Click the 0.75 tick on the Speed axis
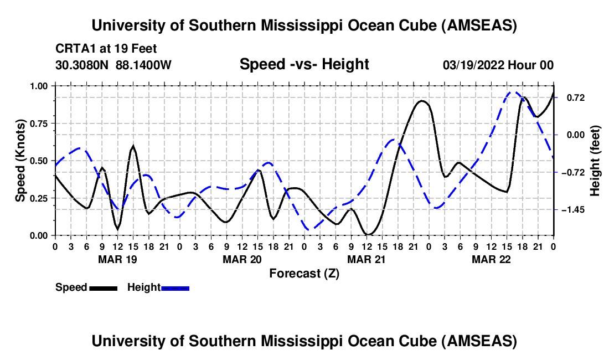39,124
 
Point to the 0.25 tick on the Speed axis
39,198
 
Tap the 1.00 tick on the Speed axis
39,86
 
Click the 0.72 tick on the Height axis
575,97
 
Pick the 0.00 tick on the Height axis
575,135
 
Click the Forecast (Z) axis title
304,273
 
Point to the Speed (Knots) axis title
20,161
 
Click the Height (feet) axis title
596,161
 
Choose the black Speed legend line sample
102,287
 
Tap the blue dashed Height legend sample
175,287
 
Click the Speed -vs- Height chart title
304,65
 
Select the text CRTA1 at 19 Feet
106,49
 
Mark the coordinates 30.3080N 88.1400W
113,65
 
